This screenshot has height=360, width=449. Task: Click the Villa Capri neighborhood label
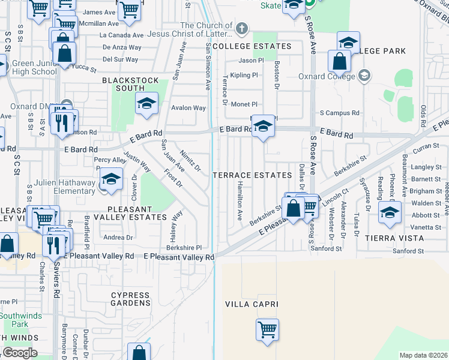click(x=252, y=304)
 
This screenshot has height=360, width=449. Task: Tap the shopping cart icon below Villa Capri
click(x=267, y=329)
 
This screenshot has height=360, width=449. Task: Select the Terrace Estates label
click(x=252, y=175)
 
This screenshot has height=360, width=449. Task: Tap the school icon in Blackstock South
click(x=145, y=103)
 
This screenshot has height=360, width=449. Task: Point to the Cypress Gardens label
click(x=130, y=299)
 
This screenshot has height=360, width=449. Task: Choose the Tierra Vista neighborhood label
click(x=395, y=238)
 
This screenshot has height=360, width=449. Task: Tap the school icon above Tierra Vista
click(x=390, y=212)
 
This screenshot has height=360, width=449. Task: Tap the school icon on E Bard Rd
click(x=262, y=126)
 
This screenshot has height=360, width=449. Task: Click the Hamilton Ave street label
click(x=239, y=201)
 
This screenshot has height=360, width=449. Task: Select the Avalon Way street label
click(x=188, y=109)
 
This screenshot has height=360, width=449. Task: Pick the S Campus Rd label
click(x=339, y=113)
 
